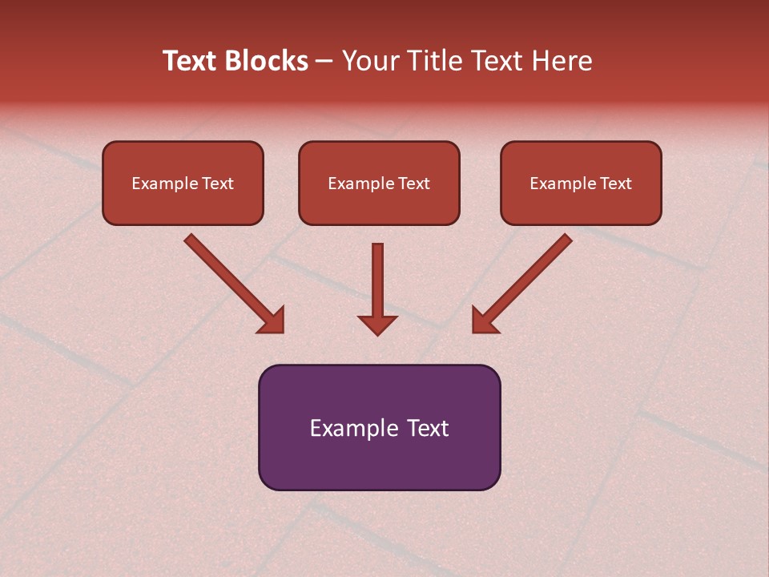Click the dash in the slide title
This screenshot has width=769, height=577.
pyautogui.click(x=324, y=62)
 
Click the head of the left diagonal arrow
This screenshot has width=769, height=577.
pyautogui.click(x=272, y=321)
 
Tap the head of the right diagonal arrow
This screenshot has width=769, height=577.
pyautogui.click(x=484, y=321)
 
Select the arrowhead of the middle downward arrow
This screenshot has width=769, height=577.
pyautogui.click(x=377, y=324)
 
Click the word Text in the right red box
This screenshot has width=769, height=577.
pyautogui.click(x=615, y=184)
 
